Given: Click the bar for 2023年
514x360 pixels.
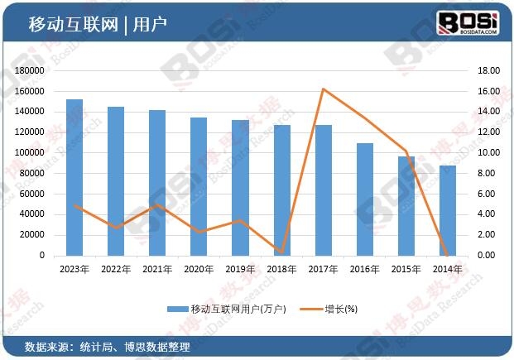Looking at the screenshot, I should pos(74,177).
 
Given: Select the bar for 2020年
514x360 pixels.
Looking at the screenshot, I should pos(199,186).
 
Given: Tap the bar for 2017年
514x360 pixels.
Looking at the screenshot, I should pos(324,190).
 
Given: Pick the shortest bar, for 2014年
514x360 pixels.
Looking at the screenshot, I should pos(448,210).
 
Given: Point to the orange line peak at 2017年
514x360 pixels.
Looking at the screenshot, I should pos(324,89).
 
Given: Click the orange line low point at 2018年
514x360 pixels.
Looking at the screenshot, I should pos(282,252).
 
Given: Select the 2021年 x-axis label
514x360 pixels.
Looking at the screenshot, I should pos(157,269).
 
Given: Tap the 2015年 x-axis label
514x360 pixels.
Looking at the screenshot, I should pos(406,269).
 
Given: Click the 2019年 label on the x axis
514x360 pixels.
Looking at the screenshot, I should pos(241,269).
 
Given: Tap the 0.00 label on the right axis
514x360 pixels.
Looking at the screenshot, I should pos(488,256).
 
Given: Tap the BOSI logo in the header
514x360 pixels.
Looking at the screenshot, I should pos(468,22).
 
